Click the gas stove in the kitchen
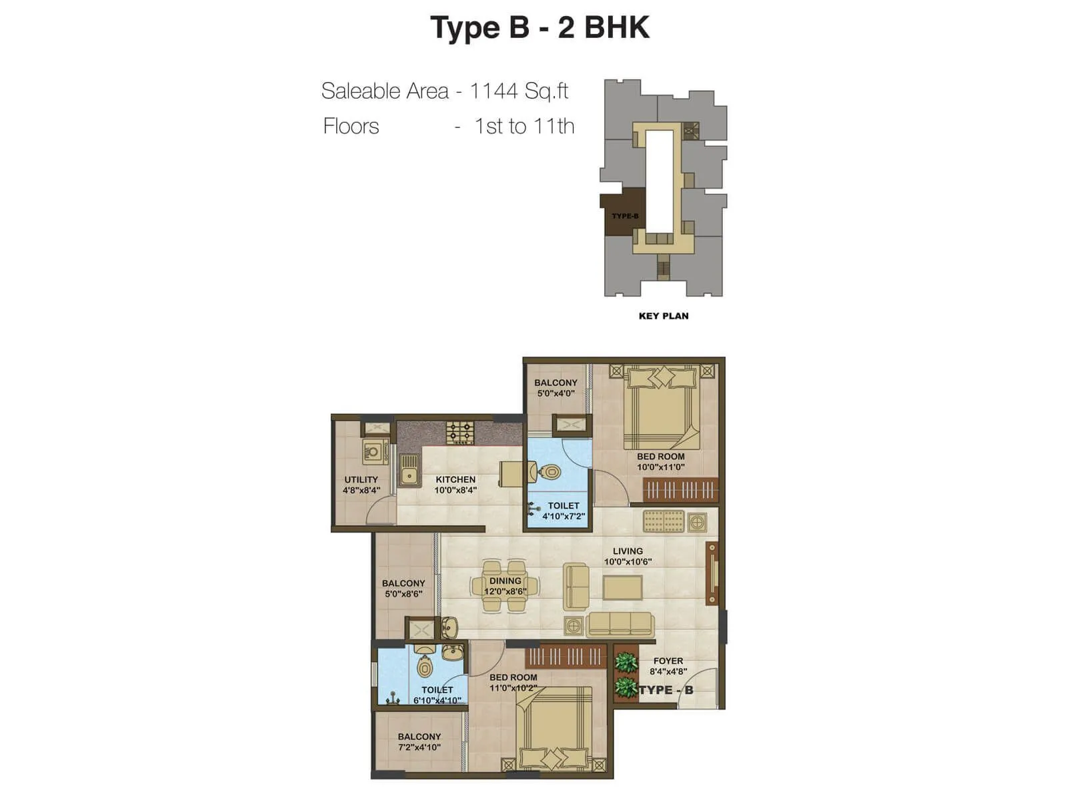(x=460, y=433)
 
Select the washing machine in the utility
(x=375, y=452)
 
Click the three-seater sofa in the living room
(x=620, y=625)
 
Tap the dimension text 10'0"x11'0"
(x=660, y=467)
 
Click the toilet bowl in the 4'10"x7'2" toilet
(x=549, y=473)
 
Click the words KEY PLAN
(x=664, y=316)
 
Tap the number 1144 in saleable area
(x=494, y=91)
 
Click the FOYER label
(x=668, y=661)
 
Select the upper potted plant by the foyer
(x=626, y=662)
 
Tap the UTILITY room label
(x=361, y=479)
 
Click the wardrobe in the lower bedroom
(x=566, y=657)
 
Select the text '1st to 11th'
(x=524, y=126)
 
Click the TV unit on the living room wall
(x=712, y=573)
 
